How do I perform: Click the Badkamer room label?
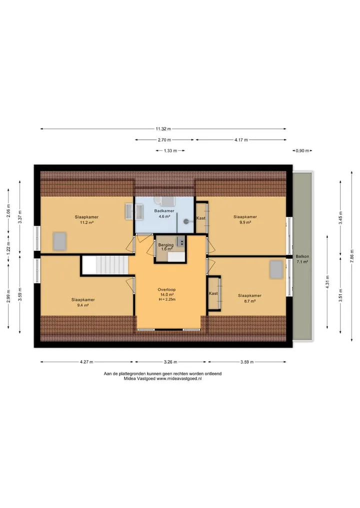coord(164,211)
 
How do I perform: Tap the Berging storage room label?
coord(165,245)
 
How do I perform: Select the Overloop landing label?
coord(166,290)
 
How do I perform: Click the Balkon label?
coord(302,256)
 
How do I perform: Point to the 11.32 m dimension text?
coord(163,129)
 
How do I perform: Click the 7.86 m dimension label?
coord(352,256)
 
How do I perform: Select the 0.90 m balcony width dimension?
coord(302,151)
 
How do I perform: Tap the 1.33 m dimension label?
coord(170,151)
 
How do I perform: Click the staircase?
coord(105,265)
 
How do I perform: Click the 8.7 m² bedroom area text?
coord(249,301)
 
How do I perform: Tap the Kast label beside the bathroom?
coord(201,218)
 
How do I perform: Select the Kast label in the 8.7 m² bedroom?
coord(213,294)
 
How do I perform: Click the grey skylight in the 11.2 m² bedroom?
coord(59,241)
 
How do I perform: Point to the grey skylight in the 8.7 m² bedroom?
coord(276,270)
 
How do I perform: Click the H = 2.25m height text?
coord(167,300)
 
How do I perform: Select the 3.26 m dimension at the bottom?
coord(170,362)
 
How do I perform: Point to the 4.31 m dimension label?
coord(327,282)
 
